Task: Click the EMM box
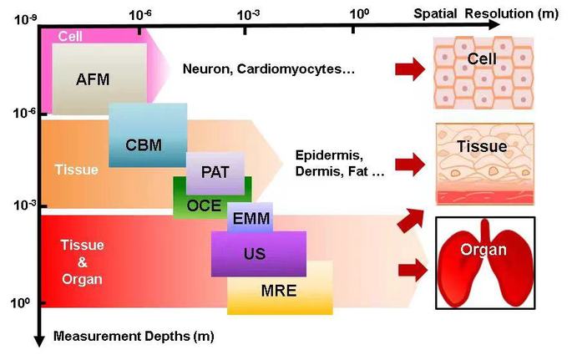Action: (x=250, y=219)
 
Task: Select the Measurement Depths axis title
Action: (x=134, y=337)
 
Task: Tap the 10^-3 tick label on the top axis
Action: (x=248, y=14)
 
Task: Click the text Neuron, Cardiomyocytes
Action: (x=269, y=68)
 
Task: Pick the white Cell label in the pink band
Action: (x=70, y=37)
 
